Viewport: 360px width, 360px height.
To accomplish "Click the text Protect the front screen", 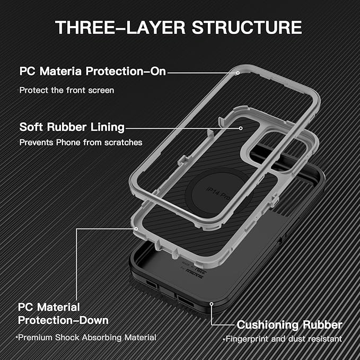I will click(67, 90).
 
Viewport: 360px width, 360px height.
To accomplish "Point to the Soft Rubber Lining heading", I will click(72, 127).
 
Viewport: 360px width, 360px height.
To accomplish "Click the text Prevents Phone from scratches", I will click(81, 142).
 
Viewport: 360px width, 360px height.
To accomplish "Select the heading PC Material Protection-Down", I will click(64, 313).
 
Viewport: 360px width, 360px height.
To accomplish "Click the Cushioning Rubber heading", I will click(289, 324).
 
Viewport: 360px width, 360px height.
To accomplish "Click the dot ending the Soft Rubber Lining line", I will click(242, 127).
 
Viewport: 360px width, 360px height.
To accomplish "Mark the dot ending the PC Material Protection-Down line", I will click(136, 229).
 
